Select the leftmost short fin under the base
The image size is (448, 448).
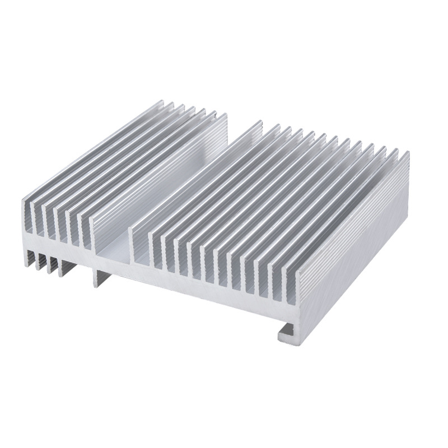pos(30,257)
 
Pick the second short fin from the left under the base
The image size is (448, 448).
pos(40,262)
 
